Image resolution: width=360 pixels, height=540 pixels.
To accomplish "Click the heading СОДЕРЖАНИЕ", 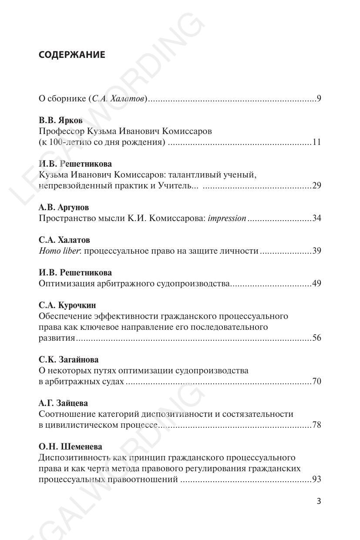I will click(x=72, y=55).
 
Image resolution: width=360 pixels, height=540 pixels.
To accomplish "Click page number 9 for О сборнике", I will click(x=319, y=99).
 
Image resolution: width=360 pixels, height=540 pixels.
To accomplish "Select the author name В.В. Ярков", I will click(x=61, y=121).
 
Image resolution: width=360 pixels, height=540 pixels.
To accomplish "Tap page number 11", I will click(x=317, y=142).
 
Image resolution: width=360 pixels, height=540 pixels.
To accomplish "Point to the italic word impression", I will click(x=227, y=218).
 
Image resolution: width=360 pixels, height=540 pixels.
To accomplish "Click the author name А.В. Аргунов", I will click(x=64, y=208).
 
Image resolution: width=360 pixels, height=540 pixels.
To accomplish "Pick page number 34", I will click(x=317, y=218).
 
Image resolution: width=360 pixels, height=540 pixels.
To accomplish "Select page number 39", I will click(x=317, y=251).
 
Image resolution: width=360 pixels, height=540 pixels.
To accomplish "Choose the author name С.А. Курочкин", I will click(x=67, y=305).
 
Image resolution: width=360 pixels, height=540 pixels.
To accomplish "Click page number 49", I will click(x=317, y=284).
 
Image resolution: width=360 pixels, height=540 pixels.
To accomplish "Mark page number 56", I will click(x=317, y=338).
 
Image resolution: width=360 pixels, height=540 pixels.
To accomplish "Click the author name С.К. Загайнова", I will click(x=68, y=360).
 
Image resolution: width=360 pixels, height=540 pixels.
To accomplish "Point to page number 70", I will click(x=317, y=382).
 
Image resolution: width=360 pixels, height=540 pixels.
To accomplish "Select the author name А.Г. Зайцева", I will click(x=63, y=403).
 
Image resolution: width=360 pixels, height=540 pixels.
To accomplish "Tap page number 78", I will click(x=317, y=425).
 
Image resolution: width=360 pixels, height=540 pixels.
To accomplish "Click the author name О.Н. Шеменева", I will click(x=71, y=447).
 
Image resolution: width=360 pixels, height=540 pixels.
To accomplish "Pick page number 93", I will click(x=317, y=480).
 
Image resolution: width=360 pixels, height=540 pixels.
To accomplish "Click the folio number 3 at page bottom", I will click(x=319, y=501).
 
